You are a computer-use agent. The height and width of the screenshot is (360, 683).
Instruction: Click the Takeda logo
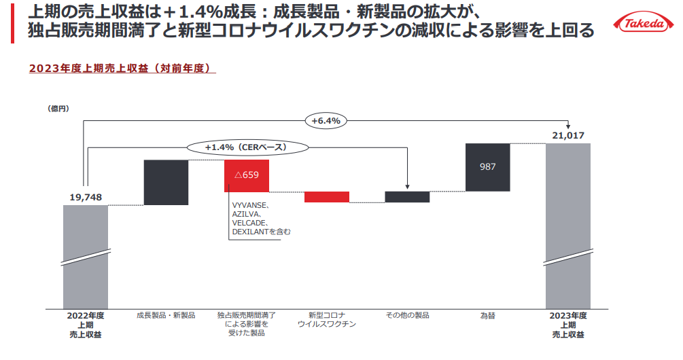tap(644, 22)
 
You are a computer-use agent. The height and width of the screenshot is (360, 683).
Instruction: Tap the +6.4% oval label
tap(326, 121)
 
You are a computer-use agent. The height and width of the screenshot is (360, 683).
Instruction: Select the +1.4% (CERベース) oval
tap(247, 147)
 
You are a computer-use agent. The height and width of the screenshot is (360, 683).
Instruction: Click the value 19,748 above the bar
tap(86, 197)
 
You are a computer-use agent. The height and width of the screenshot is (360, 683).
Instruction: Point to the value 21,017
tap(568, 135)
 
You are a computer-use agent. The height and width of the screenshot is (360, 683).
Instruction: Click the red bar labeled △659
tap(247, 176)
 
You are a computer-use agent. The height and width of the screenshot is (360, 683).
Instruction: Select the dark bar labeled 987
tap(487, 167)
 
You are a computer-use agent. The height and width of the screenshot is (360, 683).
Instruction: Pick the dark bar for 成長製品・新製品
tap(166, 183)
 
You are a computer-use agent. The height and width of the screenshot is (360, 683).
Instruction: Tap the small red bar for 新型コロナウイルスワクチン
tap(327, 197)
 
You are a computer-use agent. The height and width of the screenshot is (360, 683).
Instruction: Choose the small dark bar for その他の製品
tap(407, 197)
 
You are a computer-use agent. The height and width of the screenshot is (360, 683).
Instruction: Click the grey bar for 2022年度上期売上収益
tap(86, 257)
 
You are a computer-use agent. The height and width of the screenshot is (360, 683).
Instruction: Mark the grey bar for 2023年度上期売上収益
tap(568, 226)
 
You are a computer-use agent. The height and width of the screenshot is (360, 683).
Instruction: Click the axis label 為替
tap(488, 316)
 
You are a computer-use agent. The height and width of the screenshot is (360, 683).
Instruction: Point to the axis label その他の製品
tap(407, 315)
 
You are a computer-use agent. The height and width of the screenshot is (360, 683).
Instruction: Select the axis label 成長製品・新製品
tap(166, 315)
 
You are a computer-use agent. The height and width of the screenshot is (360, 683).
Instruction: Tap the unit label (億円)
tap(58, 109)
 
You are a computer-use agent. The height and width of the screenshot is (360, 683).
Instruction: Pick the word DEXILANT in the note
tap(250, 232)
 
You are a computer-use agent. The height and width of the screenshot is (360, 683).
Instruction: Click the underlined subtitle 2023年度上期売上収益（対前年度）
tap(122, 69)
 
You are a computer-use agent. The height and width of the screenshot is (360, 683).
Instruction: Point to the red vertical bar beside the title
tap(12, 24)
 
